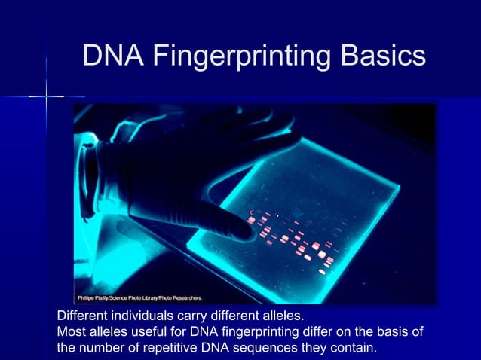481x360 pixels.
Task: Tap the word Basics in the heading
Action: [x=378, y=56]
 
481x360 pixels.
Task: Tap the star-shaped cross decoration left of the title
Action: [x=47, y=96]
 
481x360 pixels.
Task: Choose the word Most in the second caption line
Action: [x=72, y=331]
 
